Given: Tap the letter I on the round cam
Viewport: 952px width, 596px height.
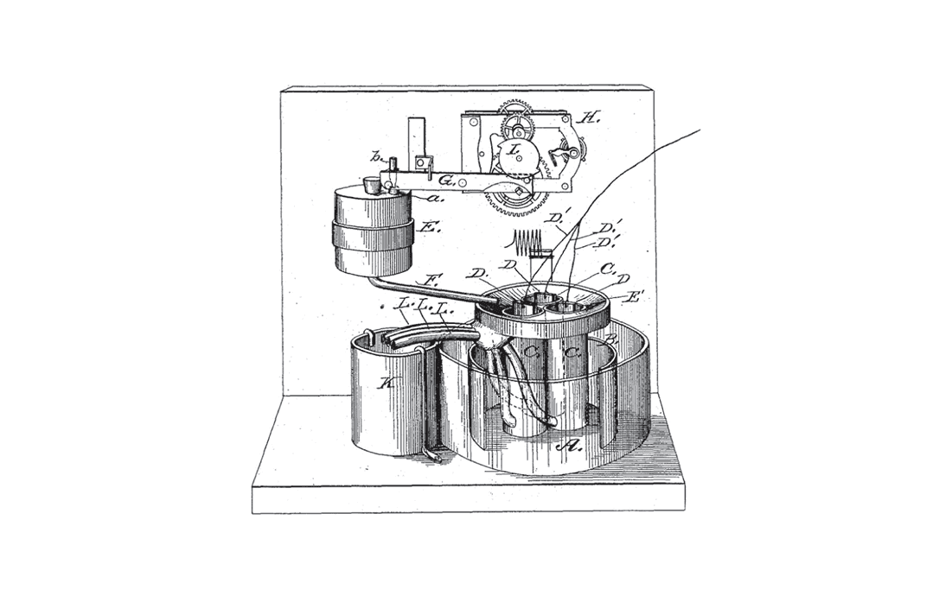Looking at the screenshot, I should click(513, 150).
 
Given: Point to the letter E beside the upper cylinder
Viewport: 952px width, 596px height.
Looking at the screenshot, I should click(426, 230).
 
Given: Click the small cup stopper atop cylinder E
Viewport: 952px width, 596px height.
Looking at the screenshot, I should click(372, 185).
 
